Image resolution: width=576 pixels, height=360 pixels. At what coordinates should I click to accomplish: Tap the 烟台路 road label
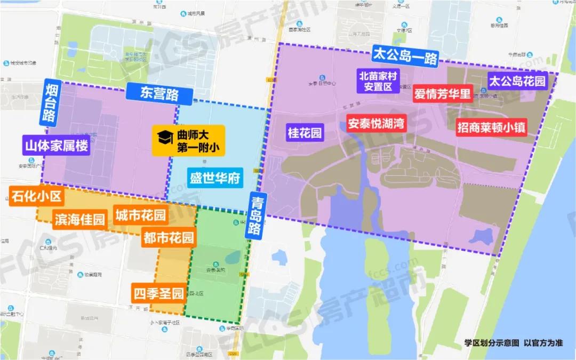click(x=52, y=101)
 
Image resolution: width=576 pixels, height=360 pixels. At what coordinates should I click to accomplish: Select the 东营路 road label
click(x=152, y=93)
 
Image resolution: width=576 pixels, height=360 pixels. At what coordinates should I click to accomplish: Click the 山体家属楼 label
click(x=56, y=145)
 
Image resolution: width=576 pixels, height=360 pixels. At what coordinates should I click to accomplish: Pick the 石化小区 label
click(x=36, y=197)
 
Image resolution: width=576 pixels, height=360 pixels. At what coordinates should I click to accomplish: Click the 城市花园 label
click(x=140, y=215)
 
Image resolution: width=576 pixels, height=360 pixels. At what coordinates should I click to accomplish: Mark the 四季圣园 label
click(x=158, y=293)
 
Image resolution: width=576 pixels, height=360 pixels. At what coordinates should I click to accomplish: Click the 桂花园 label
click(x=305, y=133)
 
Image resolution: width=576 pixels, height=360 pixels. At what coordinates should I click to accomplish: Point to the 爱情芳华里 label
click(x=443, y=94)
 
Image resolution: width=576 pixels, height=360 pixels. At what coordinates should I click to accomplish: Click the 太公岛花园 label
click(x=518, y=81)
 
